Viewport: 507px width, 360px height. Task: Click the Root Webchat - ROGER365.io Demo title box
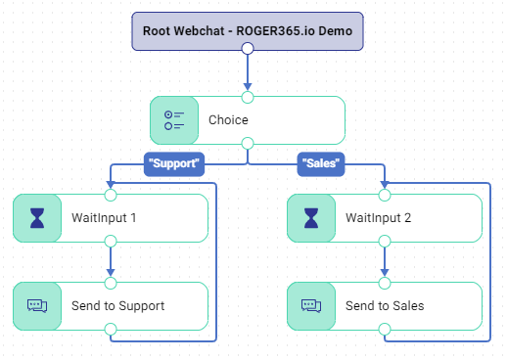248,31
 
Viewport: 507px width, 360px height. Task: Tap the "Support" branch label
174,164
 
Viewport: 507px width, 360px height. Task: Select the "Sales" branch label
321,164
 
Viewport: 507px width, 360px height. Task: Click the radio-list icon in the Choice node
174,120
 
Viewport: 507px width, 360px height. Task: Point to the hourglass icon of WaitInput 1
37,218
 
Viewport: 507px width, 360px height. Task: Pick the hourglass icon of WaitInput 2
311,218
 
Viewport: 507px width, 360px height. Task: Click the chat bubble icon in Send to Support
37,306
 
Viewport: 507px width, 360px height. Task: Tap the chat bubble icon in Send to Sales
311,306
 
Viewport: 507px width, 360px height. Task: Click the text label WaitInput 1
104,218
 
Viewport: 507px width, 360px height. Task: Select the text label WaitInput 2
379,218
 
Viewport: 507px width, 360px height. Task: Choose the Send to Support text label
118,306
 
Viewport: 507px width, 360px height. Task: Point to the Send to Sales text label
385,306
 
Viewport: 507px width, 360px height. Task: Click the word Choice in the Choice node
228,120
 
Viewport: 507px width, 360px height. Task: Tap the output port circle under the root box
248,48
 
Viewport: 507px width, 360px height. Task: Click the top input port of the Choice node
248,97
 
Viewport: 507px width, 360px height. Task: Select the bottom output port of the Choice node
248,143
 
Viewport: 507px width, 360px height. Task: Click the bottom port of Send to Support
111,329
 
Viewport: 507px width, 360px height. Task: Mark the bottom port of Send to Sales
385,329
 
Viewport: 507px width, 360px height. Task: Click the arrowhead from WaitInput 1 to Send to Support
111,273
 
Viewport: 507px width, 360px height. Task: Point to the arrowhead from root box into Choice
248,87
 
